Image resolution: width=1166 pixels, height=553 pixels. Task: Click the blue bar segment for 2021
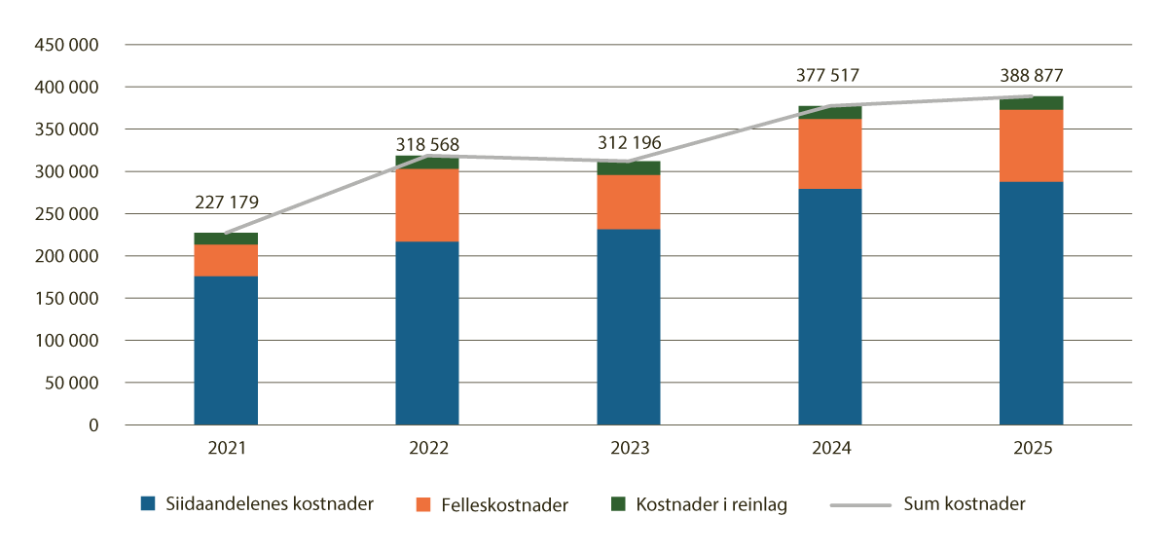pyautogui.click(x=226, y=350)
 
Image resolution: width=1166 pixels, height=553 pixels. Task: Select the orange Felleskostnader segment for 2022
pyautogui.click(x=427, y=205)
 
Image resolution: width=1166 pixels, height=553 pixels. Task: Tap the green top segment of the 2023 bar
pyautogui.click(x=629, y=168)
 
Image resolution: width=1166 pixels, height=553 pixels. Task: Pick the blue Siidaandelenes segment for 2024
pyautogui.click(x=830, y=307)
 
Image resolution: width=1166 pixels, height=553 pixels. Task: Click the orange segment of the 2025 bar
pyautogui.click(x=1031, y=146)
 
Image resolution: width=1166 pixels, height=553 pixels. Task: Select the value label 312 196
pyautogui.click(x=628, y=143)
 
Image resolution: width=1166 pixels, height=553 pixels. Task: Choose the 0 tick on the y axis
pyautogui.click(x=93, y=425)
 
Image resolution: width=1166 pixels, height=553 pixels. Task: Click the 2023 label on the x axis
pyautogui.click(x=628, y=450)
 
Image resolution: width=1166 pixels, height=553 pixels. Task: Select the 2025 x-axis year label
pyautogui.click(x=1031, y=450)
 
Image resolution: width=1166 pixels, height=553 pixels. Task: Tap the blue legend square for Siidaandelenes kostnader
pyautogui.click(x=148, y=504)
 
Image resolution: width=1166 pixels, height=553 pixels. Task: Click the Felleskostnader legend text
pyautogui.click(x=504, y=504)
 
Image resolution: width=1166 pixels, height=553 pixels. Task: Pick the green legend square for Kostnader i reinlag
pyautogui.click(x=617, y=504)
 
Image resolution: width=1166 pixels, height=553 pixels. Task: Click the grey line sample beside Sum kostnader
pyautogui.click(x=860, y=504)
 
